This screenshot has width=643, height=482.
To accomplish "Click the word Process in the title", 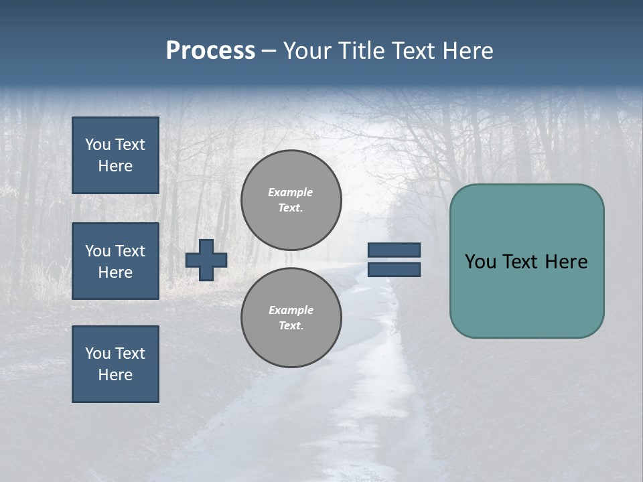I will coord(210,51).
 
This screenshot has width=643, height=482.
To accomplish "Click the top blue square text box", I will coord(115,155).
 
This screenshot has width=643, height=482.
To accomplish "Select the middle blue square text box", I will coord(115,261).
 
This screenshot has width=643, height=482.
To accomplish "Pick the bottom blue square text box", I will coord(115,364).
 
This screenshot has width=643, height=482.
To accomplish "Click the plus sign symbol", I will coord(206,260).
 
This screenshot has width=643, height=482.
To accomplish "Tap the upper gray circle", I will coord(291,199).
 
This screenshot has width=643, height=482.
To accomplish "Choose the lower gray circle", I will coord(291,317).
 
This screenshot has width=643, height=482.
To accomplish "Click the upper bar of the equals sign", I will coord(394,250).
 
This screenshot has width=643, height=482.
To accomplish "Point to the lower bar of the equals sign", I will coord(394,269).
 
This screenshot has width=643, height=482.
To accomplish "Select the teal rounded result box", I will coord(526,295).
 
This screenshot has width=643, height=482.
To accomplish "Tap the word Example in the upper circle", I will coord(291,192).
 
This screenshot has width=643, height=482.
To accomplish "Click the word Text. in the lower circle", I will coord(291,325).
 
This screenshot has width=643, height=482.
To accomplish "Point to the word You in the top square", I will coord(98,145).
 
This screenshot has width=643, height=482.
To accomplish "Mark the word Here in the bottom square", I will coord(115,375).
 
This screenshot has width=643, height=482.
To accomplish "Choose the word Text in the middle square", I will coord(129,251).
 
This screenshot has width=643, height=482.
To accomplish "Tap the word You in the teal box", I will coord(480,262).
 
